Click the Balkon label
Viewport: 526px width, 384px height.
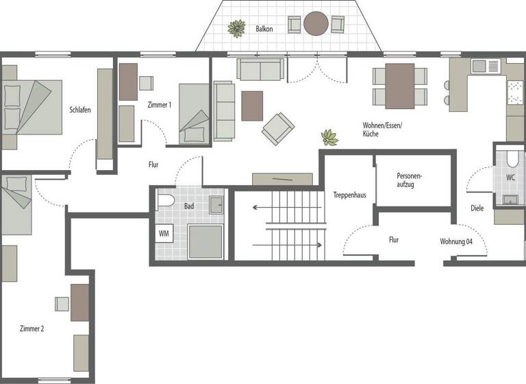pos(264,29)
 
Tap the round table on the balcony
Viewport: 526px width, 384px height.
pos(316,24)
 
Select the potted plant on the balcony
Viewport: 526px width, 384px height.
pos(237,28)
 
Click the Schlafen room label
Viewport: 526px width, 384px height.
pos(80,110)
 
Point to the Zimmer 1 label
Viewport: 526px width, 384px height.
pos(159,105)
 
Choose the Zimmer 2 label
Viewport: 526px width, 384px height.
pos(32,329)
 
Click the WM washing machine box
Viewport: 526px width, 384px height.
pos(164,234)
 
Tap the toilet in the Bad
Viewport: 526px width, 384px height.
pos(164,202)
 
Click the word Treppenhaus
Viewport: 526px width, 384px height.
pos(349,195)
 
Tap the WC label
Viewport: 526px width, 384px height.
pos(510,177)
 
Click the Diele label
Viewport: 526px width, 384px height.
pos(477,208)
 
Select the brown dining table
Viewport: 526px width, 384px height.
pos(399,86)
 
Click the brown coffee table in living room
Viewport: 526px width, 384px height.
pos(252,106)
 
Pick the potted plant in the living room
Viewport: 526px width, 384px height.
pos(330,137)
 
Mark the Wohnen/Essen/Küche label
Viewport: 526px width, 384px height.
pos(382,129)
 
